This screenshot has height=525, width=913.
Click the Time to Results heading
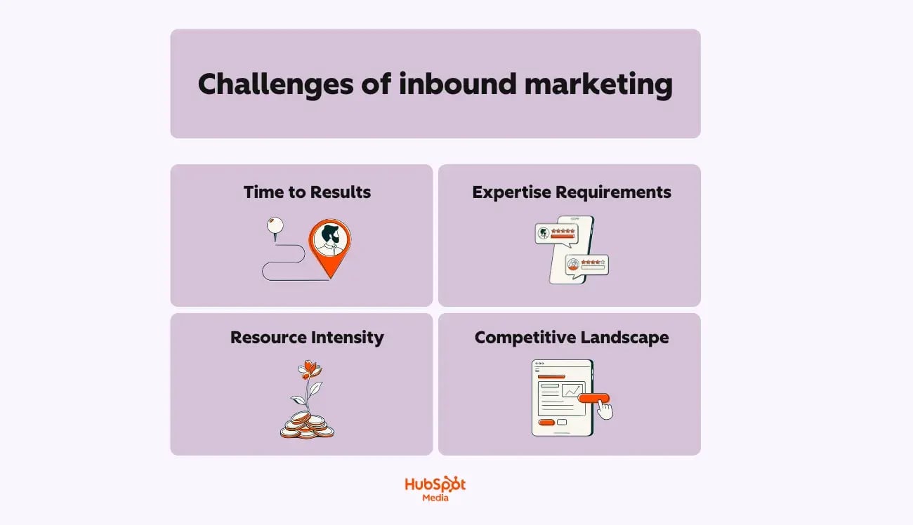(x=307, y=192)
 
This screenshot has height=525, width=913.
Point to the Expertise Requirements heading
(x=572, y=192)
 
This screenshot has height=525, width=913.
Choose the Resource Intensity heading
(x=307, y=337)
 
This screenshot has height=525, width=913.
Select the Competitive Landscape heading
(x=572, y=337)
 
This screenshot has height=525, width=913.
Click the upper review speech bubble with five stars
(x=556, y=233)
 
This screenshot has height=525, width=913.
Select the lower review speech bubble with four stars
(x=587, y=265)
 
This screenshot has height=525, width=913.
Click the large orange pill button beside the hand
(x=594, y=398)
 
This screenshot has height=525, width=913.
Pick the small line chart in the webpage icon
(x=572, y=390)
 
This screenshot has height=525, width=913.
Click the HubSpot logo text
(x=435, y=484)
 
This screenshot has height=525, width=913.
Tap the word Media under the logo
(x=435, y=498)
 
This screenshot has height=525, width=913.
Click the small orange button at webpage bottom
(x=545, y=423)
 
